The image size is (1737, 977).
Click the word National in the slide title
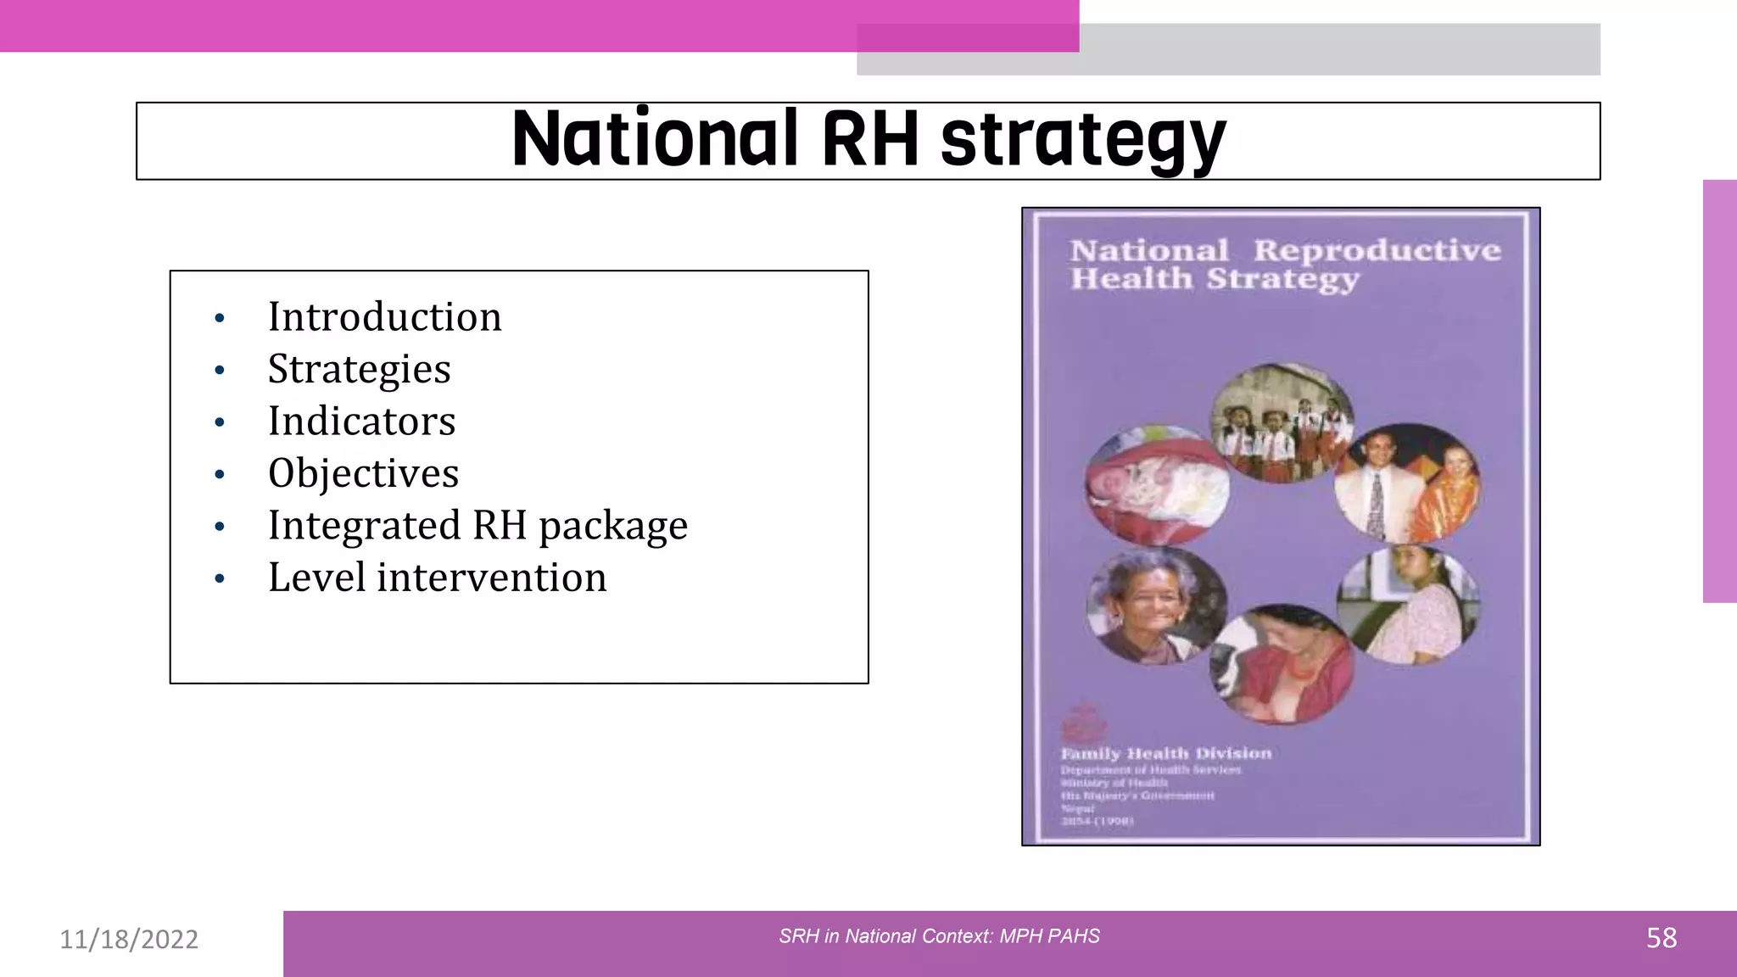[655, 139]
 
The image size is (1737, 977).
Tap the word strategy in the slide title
[1083, 141]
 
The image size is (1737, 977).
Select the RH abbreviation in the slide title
[870, 139]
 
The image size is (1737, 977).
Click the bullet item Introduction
[384, 317]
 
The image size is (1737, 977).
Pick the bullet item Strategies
[359, 369]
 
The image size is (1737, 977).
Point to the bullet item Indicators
[361, 422]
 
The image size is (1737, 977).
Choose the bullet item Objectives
[363, 473]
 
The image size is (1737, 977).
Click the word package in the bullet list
[613, 526]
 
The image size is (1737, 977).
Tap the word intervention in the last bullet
[492, 578]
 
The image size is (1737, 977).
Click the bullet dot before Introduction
[220, 319]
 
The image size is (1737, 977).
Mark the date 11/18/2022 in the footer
[129, 939]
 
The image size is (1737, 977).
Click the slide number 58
[1661, 938]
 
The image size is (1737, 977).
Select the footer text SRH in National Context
[939, 936]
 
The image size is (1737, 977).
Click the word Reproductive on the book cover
[1377, 250]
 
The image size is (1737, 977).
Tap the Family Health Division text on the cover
[1166, 753]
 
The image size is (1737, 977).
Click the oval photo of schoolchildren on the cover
[1281, 422]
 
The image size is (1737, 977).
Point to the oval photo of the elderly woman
[1155, 605]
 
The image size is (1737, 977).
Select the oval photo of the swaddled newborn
[1155, 485]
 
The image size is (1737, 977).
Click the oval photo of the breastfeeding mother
[1281, 663]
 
